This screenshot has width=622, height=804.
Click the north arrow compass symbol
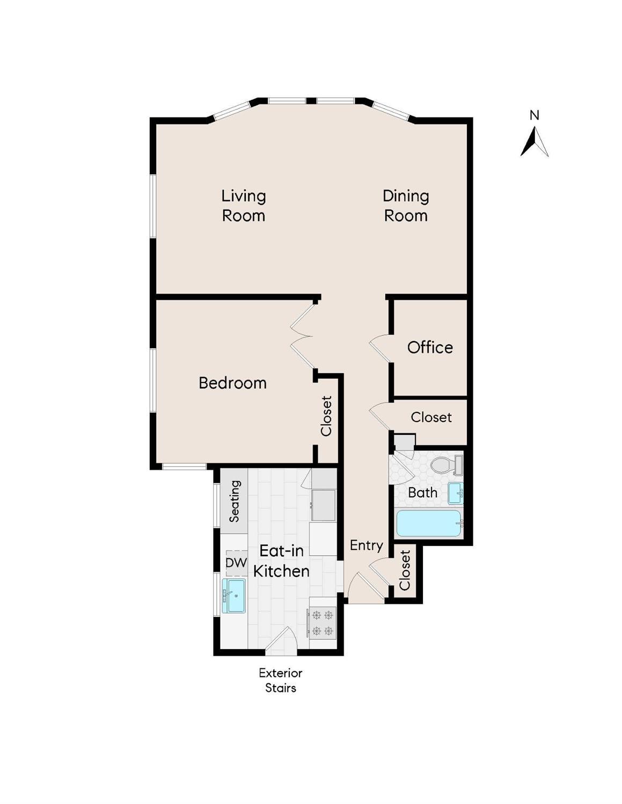coord(534,141)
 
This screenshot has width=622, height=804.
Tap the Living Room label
coord(244,206)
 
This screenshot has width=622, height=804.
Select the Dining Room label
coord(406,206)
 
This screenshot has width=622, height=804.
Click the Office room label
coord(430,348)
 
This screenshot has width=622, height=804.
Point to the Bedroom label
coord(232,383)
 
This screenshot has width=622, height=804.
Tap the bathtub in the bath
coord(429,523)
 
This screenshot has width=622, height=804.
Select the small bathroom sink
coord(456,492)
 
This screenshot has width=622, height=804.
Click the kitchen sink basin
coord(235,595)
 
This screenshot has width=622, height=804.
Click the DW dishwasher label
coord(236,563)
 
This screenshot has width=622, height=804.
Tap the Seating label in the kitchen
coord(235,501)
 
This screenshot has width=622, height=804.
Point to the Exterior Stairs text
coord(281,680)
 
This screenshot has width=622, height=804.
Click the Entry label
coord(366,545)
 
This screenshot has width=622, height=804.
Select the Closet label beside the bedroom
coord(326,416)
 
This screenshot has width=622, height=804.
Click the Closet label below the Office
coord(431,417)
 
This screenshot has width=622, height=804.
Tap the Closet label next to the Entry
coord(405,570)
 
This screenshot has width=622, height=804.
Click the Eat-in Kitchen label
coord(281,561)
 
